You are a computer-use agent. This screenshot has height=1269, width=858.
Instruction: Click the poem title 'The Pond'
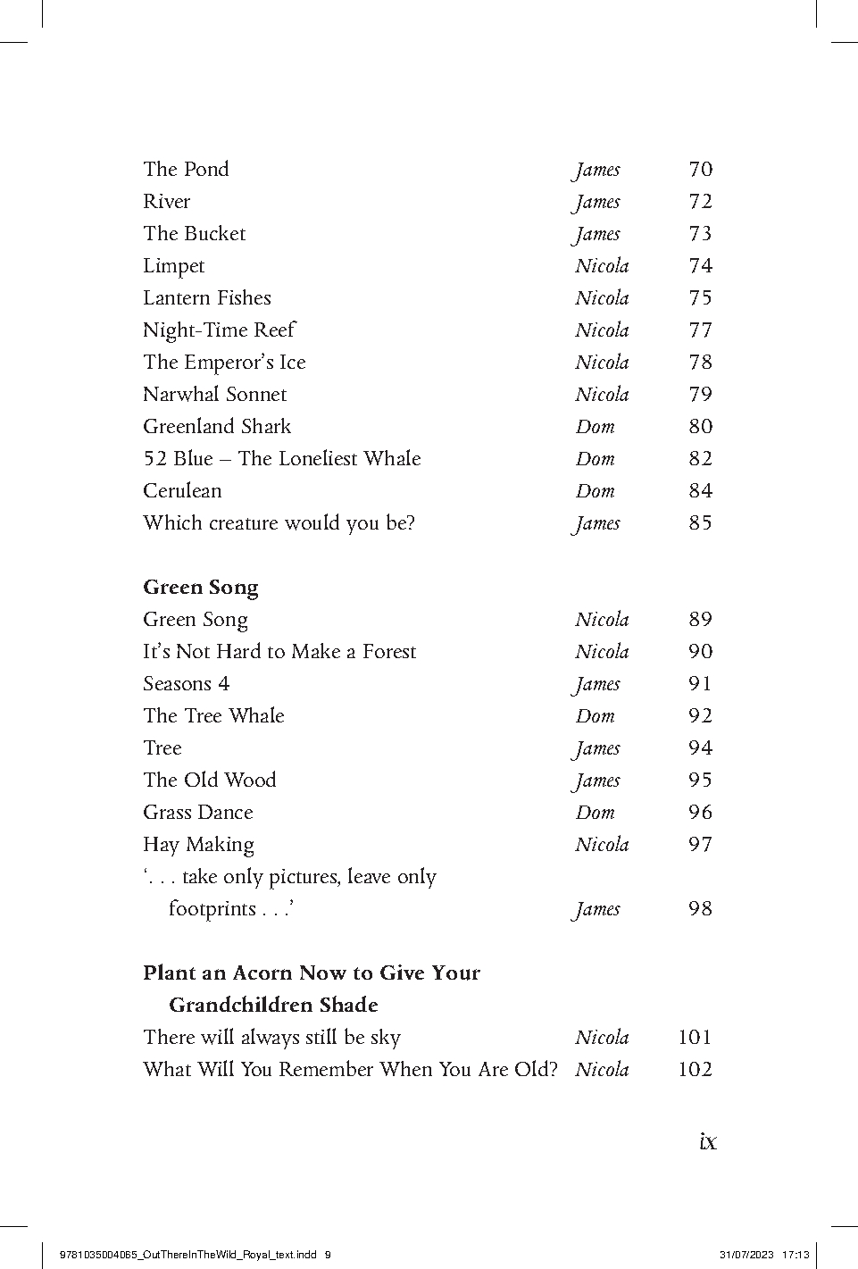[186, 170]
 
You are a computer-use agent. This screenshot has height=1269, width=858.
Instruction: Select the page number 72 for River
[700, 202]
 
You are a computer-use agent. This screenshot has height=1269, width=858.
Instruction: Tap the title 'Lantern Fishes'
[207, 298]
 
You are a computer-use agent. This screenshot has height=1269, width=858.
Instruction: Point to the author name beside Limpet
[602, 266]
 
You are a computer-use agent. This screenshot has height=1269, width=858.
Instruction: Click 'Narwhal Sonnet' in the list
[215, 395]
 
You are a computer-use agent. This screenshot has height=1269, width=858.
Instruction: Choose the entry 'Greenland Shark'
[217, 427]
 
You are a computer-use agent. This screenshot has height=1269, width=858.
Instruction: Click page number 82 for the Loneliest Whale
[700, 459]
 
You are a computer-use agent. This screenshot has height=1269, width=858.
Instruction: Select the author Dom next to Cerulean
[595, 491]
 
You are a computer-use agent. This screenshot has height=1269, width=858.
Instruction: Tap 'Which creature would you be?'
[279, 523]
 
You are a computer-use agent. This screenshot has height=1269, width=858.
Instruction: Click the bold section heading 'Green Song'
[201, 588]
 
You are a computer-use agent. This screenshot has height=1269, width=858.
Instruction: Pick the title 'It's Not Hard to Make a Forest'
[279, 652]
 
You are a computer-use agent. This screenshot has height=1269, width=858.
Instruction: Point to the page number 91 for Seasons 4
[700, 684]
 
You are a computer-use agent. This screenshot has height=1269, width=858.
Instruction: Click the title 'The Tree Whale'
[213, 716]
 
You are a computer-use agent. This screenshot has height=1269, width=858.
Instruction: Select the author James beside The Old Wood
[597, 781]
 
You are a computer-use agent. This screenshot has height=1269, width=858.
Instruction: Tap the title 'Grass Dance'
[197, 813]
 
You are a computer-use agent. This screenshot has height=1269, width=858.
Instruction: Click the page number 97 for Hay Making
[700, 845]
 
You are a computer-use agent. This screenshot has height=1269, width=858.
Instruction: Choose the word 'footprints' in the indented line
[212, 909]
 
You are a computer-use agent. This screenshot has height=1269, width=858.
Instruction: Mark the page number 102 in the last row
[695, 1070]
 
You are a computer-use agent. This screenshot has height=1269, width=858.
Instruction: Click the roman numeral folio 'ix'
[708, 1141]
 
